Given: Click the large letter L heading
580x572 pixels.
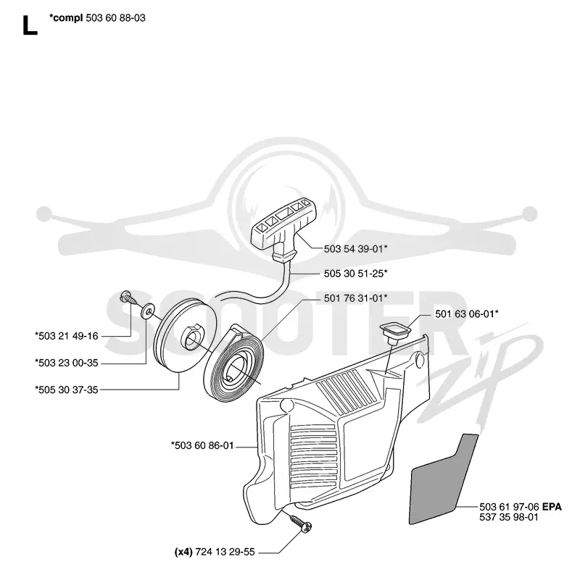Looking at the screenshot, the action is (30, 25).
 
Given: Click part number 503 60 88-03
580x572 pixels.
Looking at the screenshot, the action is (115, 17).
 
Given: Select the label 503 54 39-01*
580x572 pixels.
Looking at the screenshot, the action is (355, 248).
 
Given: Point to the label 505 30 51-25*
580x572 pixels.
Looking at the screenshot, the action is (355, 274).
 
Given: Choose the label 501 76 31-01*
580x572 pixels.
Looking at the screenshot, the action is (355, 298).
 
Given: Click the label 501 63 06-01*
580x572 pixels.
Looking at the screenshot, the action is (466, 314).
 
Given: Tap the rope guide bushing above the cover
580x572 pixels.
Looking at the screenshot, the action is (395, 331).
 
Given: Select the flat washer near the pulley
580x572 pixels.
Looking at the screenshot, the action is (148, 311).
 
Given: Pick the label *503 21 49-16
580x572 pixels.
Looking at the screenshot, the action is (67, 336).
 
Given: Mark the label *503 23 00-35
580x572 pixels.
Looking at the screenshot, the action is (67, 363).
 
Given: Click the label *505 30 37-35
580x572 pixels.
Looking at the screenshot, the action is (67, 390).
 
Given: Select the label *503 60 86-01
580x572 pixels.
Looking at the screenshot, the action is (202, 445).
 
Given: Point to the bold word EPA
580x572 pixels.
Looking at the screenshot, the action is (552, 507).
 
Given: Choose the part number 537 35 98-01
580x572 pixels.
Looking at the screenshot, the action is (509, 517).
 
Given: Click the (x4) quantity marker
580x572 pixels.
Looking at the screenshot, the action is (183, 552).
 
